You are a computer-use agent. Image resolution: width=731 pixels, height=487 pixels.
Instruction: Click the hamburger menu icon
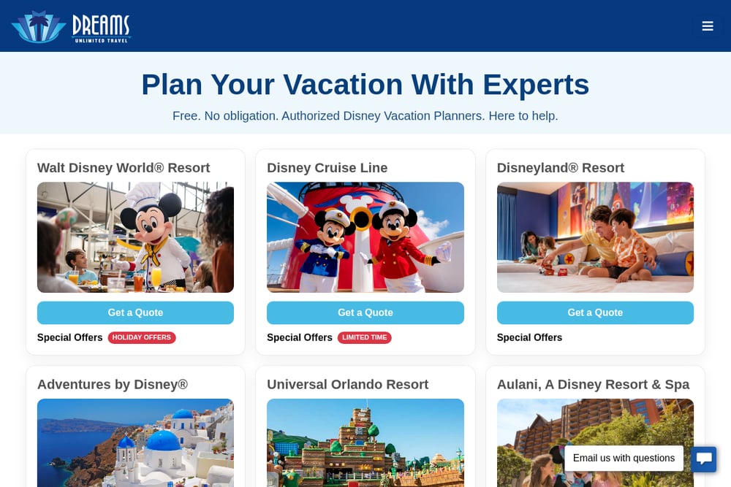pos(707,26)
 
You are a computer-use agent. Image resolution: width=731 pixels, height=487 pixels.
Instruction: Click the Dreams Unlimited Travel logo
pos(71,27)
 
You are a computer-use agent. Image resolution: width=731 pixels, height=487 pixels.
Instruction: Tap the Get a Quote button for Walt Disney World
pos(135,312)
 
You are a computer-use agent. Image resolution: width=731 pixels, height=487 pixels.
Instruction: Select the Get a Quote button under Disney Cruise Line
pos(365,312)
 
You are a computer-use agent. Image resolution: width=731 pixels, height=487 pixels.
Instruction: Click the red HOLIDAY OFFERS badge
pos(142,337)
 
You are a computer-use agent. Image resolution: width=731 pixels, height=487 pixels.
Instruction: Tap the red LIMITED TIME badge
pos(365,337)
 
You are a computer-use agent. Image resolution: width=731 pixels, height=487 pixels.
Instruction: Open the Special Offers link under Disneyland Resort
pos(529,337)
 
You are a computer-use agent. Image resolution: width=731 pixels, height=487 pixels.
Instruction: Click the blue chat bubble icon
pos(703,459)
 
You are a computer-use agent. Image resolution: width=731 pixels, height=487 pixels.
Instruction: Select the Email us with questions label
pos(624,458)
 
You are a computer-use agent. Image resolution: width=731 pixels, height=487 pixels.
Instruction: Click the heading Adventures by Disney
pos(113,384)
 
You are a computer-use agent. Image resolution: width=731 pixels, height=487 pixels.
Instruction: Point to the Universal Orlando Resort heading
pos(347,384)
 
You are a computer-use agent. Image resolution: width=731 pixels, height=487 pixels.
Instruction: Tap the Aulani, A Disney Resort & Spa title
pos(593,384)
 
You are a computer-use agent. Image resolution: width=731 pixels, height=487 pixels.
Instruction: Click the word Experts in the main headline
pos(536,85)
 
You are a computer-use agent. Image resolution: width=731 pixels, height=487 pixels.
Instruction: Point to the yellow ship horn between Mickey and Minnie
pos(361,218)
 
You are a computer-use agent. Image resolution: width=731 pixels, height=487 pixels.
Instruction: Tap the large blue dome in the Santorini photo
pos(164,440)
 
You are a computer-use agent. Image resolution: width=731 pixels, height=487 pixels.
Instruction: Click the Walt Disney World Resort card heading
pos(124,168)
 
